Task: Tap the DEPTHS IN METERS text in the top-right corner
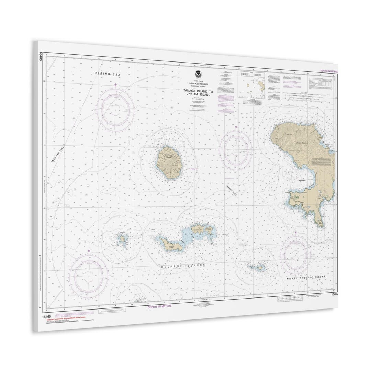329,71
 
